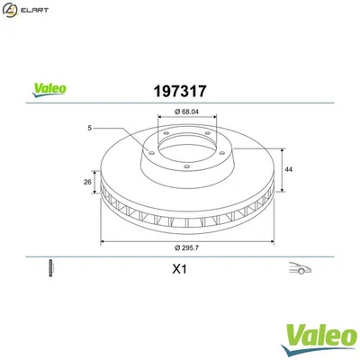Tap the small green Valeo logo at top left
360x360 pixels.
49,90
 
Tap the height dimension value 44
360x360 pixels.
289,168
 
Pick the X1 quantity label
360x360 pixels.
177,268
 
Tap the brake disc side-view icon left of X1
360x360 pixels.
51,268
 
